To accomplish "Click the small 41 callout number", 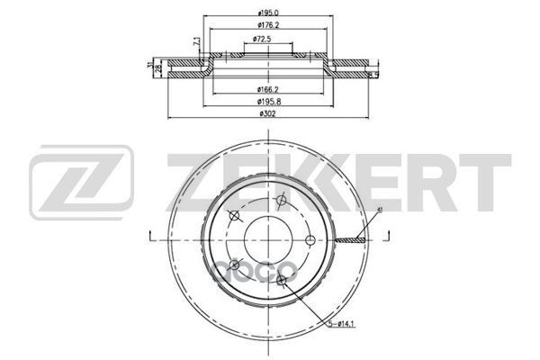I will coord(380,209).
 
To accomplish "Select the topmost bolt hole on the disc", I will coord(281,200).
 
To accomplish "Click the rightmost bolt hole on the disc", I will coord(310,239).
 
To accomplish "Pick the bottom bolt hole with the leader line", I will coord(282,281).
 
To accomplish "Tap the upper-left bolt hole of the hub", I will coord(235,214).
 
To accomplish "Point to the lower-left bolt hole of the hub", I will coord(235,265).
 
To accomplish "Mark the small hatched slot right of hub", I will coord(348,239).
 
